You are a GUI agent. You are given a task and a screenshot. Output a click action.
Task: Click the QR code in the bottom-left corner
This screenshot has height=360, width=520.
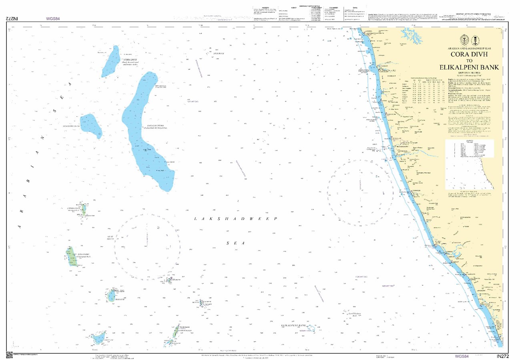click(9, 354)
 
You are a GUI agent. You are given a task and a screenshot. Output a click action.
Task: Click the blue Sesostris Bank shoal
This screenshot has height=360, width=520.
click(91, 126)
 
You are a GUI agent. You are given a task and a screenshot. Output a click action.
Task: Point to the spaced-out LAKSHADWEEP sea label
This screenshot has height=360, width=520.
click(236, 219)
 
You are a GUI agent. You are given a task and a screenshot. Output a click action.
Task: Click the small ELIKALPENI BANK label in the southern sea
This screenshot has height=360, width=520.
click(296, 326)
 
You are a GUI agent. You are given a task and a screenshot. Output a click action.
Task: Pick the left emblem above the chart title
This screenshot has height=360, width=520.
click(464, 40)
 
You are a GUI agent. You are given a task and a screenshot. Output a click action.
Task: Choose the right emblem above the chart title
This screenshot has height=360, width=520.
click(476, 40)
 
